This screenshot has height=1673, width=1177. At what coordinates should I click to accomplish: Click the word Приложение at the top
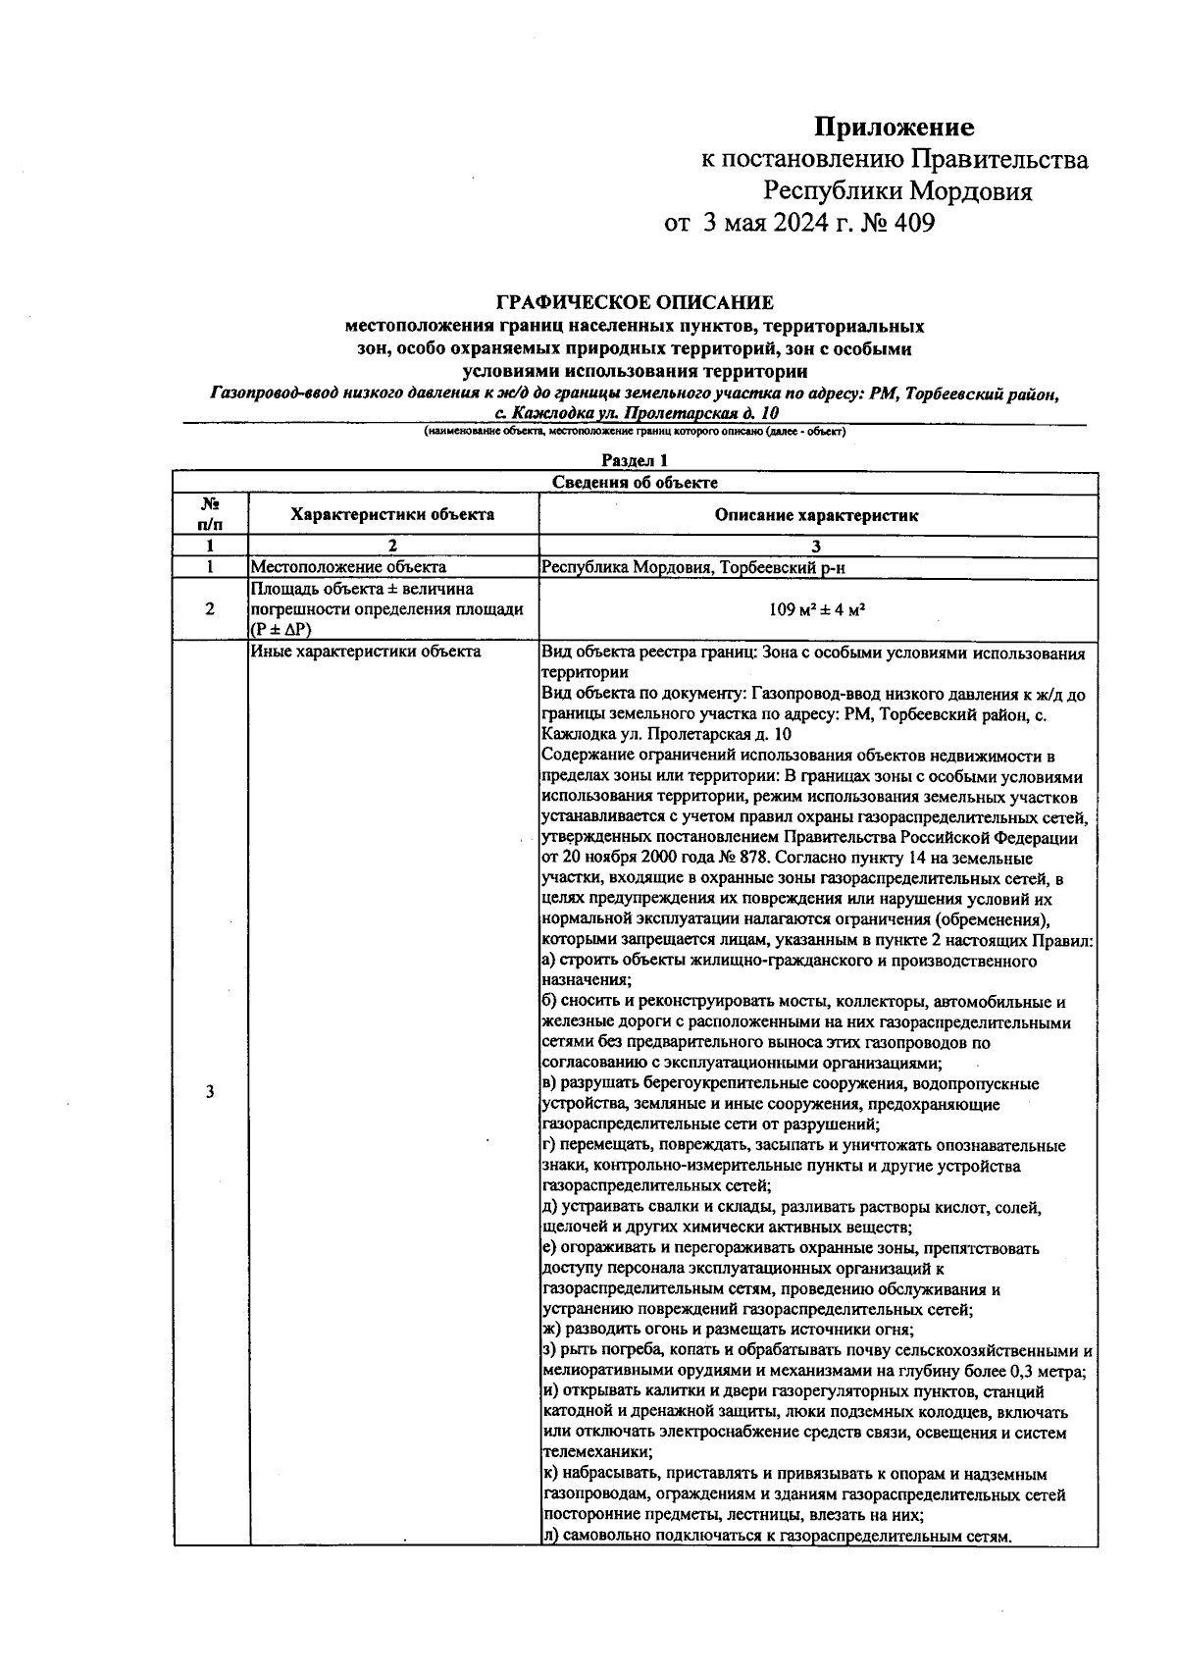[x=895, y=128]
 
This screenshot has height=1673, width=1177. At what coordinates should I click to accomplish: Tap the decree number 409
[x=914, y=224]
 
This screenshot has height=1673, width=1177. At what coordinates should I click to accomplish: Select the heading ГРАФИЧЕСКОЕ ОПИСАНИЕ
[x=635, y=302]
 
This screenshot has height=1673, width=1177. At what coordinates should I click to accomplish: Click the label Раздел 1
[x=635, y=459]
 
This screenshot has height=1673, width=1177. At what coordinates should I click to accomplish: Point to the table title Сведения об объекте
[x=635, y=482]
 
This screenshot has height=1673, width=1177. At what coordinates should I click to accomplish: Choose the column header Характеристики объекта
[x=392, y=514]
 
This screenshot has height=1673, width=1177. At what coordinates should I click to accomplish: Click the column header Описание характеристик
[x=816, y=515]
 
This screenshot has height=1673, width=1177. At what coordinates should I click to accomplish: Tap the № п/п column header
[x=210, y=513]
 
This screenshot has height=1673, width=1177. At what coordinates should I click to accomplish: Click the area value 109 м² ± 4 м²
[x=816, y=609]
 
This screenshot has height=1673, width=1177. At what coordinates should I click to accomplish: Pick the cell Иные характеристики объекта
[x=366, y=651]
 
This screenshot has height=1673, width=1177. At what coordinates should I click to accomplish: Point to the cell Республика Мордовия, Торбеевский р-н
[x=701, y=566]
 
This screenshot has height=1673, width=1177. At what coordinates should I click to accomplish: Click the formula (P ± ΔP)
[x=281, y=630]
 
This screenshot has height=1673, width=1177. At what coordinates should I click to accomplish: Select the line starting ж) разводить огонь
[x=728, y=1331]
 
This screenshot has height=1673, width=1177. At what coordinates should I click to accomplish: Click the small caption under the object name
[x=635, y=432]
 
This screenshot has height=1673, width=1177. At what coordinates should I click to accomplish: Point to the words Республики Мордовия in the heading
[x=897, y=191]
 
